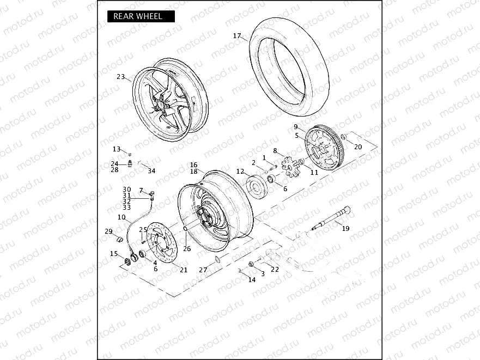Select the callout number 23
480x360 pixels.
120,77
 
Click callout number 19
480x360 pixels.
345,229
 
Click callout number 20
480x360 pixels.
357,147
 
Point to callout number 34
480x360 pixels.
151,171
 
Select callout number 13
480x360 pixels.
117,149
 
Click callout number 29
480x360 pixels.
108,231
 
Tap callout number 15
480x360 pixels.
113,254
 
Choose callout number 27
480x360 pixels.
203,270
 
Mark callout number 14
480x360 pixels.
252,280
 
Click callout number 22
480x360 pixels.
275,270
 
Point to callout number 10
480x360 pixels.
121,217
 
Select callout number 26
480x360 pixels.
187,249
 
